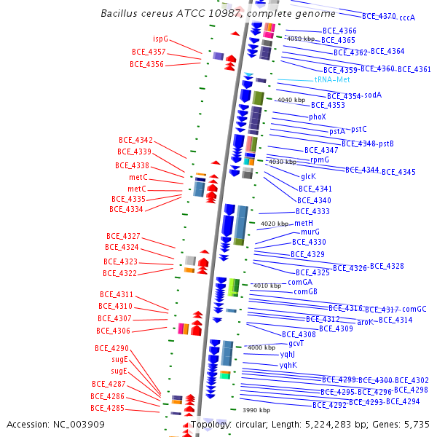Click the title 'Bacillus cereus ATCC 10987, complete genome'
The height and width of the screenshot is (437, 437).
point(218,14)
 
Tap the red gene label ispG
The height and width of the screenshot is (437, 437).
point(160,39)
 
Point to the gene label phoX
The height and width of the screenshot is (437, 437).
point(317,117)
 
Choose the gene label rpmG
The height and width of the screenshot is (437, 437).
point(320,160)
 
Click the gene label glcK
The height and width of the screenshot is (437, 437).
point(308,176)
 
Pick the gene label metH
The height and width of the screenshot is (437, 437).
point(304,223)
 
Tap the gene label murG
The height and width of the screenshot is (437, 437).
point(310,232)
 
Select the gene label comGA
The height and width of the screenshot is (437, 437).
point(300,282)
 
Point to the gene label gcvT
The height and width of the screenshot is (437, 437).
point(296,343)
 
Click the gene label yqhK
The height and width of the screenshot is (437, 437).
point(288,365)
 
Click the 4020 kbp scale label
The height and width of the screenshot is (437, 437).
point(275,224)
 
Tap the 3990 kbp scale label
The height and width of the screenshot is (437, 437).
point(256,411)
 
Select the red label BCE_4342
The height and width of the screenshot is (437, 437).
point(135,140)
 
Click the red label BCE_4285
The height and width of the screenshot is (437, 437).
point(107,408)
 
